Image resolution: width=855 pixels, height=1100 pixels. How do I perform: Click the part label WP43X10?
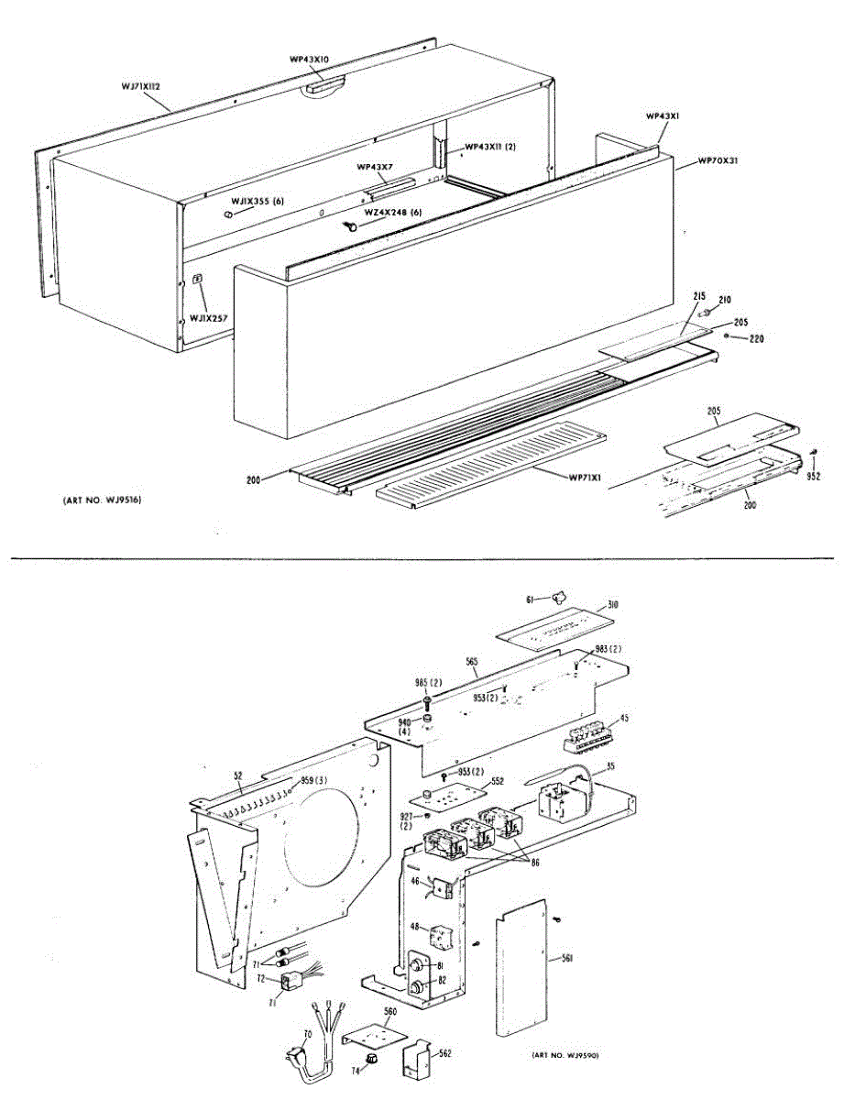(x=309, y=60)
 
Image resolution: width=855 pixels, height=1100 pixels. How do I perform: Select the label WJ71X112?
(x=141, y=86)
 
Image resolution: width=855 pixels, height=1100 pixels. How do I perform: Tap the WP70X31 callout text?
(x=718, y=159)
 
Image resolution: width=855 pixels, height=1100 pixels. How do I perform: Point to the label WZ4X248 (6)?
(x=393, y=212)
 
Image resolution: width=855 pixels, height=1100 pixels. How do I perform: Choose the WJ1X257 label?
(x=208, y=319)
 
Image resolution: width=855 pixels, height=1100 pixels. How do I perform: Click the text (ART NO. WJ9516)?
(x=103, y=500)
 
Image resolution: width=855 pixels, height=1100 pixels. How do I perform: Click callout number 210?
(x=724, y=299)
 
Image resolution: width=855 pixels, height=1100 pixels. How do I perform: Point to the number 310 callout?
(x=613, y=606)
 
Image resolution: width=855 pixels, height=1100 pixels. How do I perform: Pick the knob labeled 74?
(x=371, y=1059)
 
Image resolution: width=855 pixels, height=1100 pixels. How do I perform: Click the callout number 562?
(x=444, y=1054)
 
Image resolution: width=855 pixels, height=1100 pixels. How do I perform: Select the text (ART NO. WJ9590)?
(x=565, y=1055)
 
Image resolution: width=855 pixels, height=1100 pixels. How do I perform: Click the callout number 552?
(x=498, y=782)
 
